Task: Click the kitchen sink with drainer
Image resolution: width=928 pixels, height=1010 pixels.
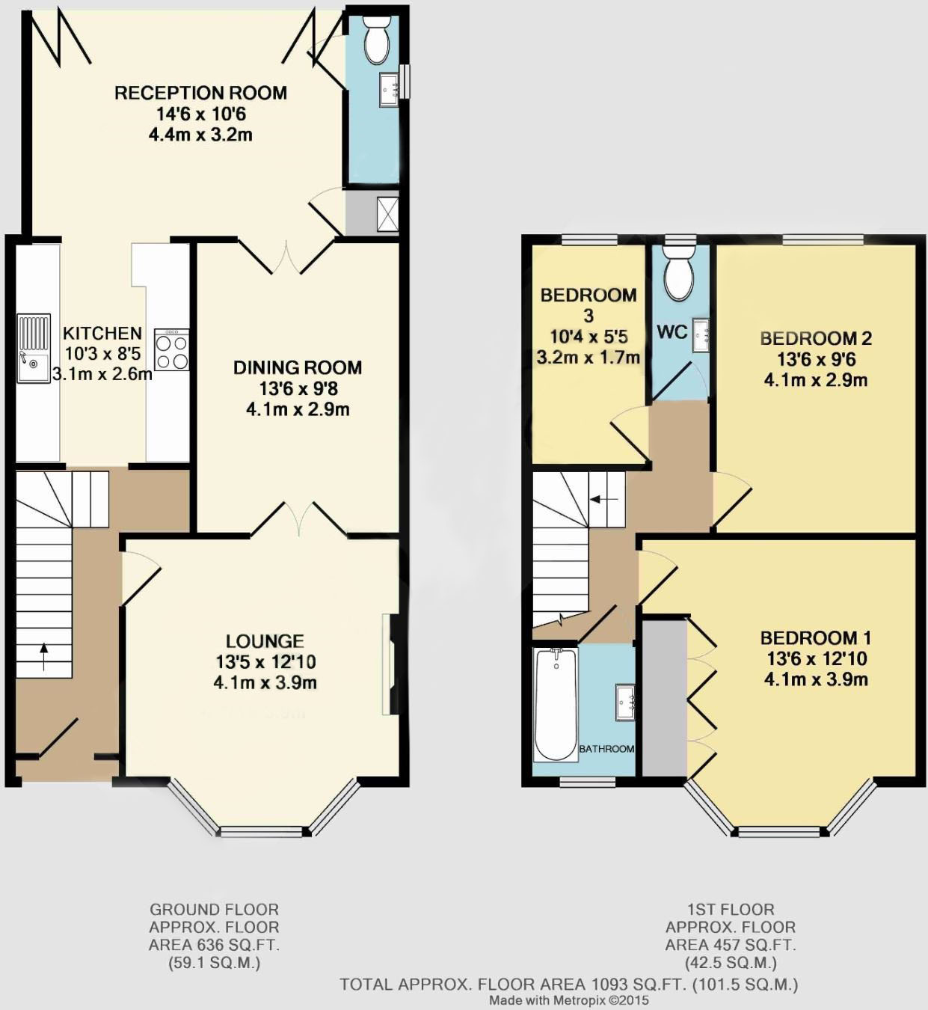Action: coord(34,349)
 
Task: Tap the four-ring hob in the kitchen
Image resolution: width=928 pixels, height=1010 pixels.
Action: coord(172,350)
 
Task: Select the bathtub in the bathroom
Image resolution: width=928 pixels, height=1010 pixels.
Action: coord(556,704)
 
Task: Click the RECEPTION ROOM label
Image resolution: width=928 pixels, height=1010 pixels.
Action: coord(200,93)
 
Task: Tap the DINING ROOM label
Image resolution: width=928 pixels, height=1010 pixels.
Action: coord(298,367)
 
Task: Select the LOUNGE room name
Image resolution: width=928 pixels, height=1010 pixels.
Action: coord(265,641)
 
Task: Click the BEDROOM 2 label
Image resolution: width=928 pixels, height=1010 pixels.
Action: coord(816,338)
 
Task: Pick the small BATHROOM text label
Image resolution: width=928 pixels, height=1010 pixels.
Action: coord(606,749)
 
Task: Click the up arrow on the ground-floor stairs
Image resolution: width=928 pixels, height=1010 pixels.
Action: coord(43,656)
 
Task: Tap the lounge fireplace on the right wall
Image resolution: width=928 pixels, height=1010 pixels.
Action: coord(389,664)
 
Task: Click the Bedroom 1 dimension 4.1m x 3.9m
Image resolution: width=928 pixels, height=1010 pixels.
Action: coord(816,679)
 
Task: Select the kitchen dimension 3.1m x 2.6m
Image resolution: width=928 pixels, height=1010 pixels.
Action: coord(102,373)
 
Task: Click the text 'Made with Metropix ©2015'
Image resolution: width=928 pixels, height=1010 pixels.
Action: coord(569,1000)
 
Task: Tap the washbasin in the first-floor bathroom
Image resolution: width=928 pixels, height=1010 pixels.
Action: coord(626,702)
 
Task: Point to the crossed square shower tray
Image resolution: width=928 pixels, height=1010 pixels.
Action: coord(388,212)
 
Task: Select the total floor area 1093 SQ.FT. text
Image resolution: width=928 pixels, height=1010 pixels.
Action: coord(568,984)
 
